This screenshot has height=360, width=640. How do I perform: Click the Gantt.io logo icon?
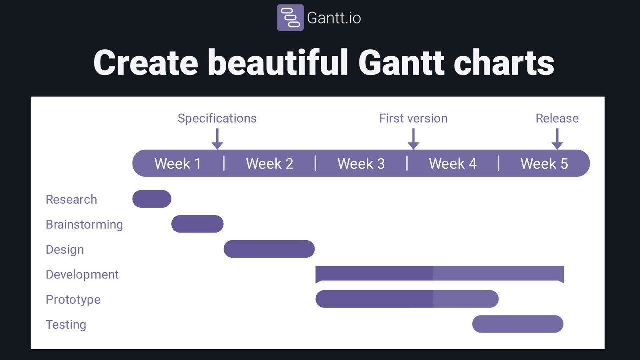pos(290,17)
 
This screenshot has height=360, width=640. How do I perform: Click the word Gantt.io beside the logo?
pos(334,18)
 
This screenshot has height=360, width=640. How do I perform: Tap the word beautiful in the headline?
pos(278,63)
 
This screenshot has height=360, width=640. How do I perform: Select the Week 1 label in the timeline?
pos(178,163)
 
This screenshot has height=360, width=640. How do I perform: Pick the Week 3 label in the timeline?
pos(361,163)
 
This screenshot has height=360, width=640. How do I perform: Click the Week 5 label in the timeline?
pos(544,163)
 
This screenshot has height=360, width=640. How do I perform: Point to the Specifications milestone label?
pos(217,118)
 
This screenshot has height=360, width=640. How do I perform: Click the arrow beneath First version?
pos(413,139)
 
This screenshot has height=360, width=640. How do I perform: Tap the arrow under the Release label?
pos(557,139)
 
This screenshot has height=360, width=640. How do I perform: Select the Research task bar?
pos(152,199)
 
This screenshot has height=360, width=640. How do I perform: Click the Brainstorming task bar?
pos(197,224)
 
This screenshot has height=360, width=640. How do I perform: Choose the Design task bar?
pos(269,249)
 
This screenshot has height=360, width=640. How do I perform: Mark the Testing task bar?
pos(518,324)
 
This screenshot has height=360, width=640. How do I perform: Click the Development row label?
pos(82,274)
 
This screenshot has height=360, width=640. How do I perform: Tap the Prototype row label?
pos(73,300)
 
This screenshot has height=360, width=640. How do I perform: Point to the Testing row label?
pos(66,325)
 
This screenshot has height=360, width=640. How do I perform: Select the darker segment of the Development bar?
pos(374,273)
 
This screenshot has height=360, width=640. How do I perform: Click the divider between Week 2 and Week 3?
pos(315,163)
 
